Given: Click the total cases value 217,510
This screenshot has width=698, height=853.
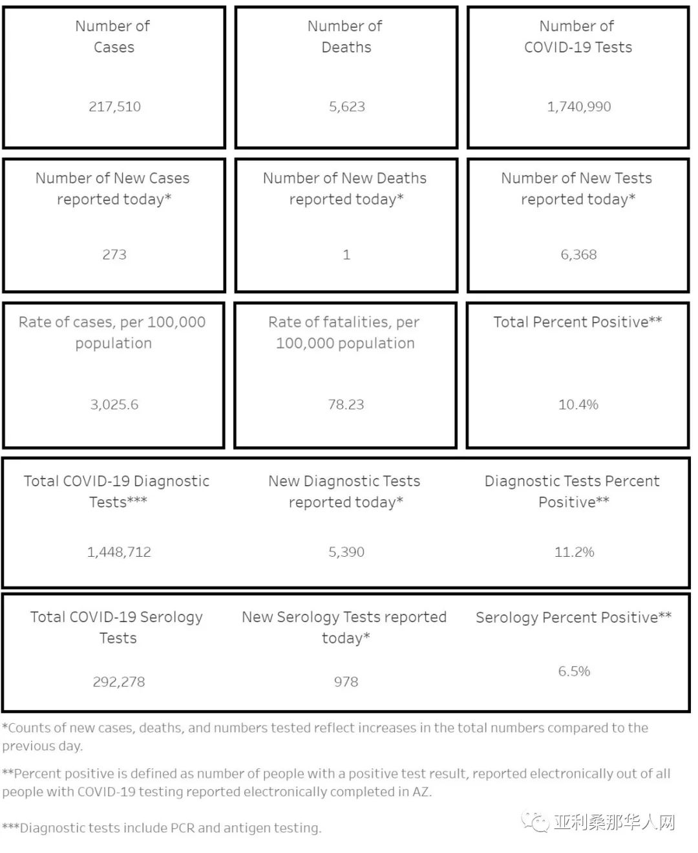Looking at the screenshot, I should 114,107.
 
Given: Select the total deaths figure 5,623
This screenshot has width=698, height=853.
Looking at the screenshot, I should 346,107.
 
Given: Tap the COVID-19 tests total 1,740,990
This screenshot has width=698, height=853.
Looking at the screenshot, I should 578,107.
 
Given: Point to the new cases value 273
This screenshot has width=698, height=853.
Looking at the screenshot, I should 114,255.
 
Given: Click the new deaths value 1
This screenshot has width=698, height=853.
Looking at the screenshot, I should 346,255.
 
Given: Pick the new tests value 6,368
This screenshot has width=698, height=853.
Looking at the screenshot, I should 578,255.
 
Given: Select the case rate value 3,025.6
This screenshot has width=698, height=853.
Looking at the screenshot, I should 114,405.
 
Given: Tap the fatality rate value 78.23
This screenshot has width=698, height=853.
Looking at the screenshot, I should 346,405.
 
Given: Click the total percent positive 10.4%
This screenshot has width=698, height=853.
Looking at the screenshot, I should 578,405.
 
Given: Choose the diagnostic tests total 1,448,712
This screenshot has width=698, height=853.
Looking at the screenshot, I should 119,552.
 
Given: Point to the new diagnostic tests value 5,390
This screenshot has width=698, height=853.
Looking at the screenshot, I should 346,552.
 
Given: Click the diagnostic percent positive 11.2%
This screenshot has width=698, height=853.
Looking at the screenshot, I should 574,552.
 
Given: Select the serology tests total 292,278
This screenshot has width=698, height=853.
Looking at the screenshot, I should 119,682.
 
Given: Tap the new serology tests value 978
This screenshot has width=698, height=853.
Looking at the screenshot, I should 346,682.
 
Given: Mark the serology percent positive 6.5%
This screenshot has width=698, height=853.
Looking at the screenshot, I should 574,672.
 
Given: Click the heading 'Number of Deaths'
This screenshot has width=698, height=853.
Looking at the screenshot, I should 346,36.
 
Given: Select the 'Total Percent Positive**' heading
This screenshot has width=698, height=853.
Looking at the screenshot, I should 578,322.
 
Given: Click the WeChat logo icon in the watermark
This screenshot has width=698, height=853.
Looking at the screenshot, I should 536,822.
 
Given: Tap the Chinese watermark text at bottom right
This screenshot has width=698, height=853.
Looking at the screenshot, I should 615,823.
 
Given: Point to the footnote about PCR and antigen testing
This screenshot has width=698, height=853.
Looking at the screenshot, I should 162,828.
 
